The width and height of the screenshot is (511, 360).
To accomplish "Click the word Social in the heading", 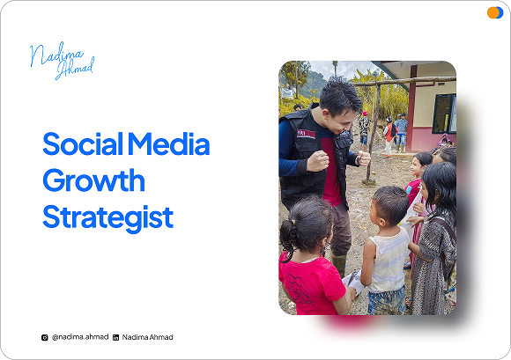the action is point(83,143).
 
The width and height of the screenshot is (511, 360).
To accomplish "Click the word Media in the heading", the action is point(169,143).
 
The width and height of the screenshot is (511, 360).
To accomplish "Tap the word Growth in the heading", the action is point(94,180).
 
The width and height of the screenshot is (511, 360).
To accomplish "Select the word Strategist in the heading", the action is point(107,217).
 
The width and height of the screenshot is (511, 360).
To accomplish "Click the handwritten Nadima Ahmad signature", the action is point(63,61).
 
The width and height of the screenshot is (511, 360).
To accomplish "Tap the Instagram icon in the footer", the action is point(45,337).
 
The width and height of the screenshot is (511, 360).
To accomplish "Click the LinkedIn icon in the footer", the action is point(115,337).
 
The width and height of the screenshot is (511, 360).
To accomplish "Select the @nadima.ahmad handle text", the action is point(80,337).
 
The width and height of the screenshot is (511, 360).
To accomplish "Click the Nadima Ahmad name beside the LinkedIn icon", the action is point(148,337).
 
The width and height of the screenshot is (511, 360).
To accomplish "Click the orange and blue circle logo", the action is point(495,12).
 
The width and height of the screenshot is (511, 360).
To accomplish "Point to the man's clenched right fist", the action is point(318,161).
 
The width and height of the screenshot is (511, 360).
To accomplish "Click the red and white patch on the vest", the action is point(306,134).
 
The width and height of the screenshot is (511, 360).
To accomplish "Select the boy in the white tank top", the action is point(387,250).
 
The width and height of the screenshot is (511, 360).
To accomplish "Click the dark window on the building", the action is point(444,114).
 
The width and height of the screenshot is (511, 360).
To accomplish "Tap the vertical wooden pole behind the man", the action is point(374,134).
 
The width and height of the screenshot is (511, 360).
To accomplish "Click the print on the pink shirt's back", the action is point(298,289).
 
